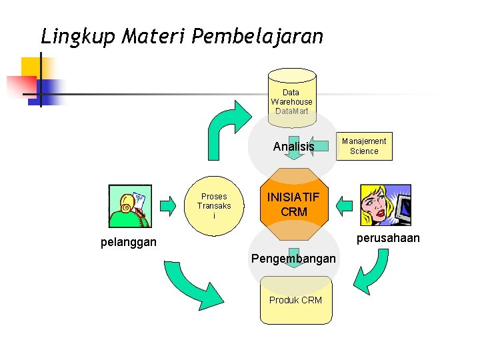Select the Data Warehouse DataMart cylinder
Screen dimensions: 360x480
point(291,97)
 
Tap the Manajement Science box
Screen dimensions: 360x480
point(364,146)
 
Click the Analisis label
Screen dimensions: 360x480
point(293,147)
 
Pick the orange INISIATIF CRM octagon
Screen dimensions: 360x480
point(293,205)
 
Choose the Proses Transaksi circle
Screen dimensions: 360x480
point(214,206)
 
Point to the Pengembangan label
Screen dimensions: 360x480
point(293,258)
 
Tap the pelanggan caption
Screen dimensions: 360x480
point(129,242)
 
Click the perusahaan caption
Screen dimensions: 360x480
point(388,238)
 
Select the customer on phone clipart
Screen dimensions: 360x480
point(130,207)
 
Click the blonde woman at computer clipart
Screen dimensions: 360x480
point(385,205)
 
